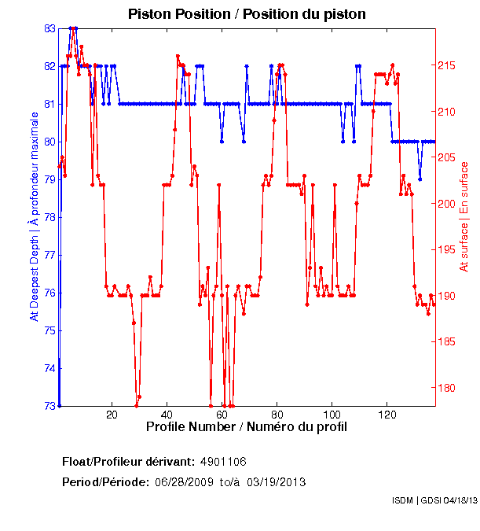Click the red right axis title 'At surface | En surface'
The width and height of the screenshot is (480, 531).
pyautogui.click(x=464, y=216)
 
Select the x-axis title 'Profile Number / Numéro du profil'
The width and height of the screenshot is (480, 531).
pyautogui.click(x=246, y=426)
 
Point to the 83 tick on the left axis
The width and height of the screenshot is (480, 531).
pyautogui.click(x=49, y=28)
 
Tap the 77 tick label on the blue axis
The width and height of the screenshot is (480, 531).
pyautogui.click(x=49, y=255)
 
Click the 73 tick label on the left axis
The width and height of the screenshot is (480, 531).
pyautogui.click(x=49, y=406)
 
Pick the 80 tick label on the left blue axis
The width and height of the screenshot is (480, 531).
pyautogui.click(x=49, y=142)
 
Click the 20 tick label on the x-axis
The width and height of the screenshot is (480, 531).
pyautogui.click(x=112, y=415)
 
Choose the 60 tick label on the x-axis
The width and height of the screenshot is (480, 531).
pyautogui.click(x=222, y=415)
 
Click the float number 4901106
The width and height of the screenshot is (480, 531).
pyautogui.click(x=224, y=461)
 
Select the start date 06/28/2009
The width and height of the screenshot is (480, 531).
pyautogui.click(x=185, y=482)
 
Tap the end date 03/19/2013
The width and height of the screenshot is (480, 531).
pyautogui.click(x=277, y=482)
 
